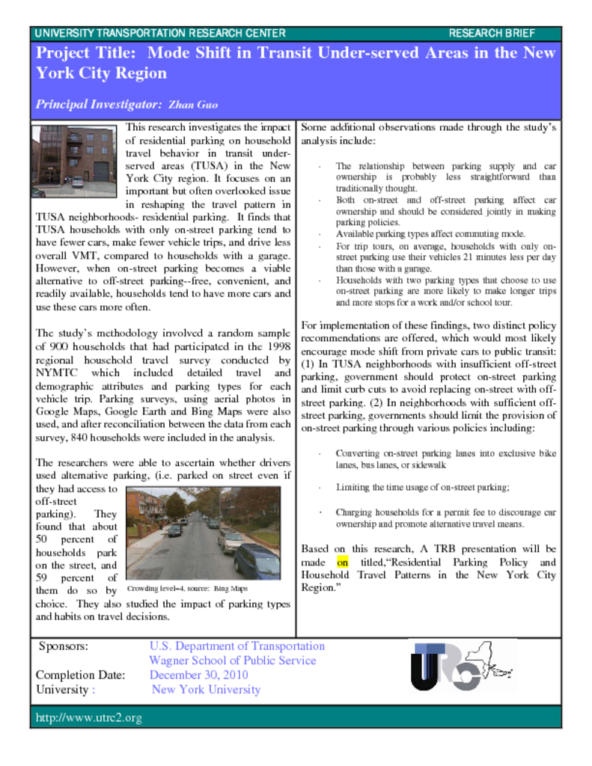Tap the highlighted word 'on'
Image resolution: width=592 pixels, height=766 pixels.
(x=343, y=562)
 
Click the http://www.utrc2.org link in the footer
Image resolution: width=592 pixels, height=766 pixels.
(x=89, y=718)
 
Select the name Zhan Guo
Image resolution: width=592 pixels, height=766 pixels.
(x=193, y=105)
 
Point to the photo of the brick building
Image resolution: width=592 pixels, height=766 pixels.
(x=73, y=161)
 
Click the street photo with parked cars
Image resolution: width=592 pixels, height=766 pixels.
(x=204, y=533)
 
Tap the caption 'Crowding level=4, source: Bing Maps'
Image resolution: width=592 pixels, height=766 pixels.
(x=187, y=589)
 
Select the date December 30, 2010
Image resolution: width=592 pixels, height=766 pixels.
(x=199, y=675)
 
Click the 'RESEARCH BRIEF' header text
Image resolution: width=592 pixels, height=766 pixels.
(x=492, y=34)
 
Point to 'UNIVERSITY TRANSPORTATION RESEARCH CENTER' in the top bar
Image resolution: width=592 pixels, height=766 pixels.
(x=160, y=34)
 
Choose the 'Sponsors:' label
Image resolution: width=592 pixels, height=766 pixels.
(x=64, y=646)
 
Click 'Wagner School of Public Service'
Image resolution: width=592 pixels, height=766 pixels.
(x=232, y=661)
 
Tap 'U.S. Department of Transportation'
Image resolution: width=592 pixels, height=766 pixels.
(x=237, y=646)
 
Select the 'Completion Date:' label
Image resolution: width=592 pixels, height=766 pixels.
(x=80, y=675)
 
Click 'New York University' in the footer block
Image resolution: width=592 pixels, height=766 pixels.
(x=206, y=690)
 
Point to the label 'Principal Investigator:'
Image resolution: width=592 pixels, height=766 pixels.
(x=99, y=105)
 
